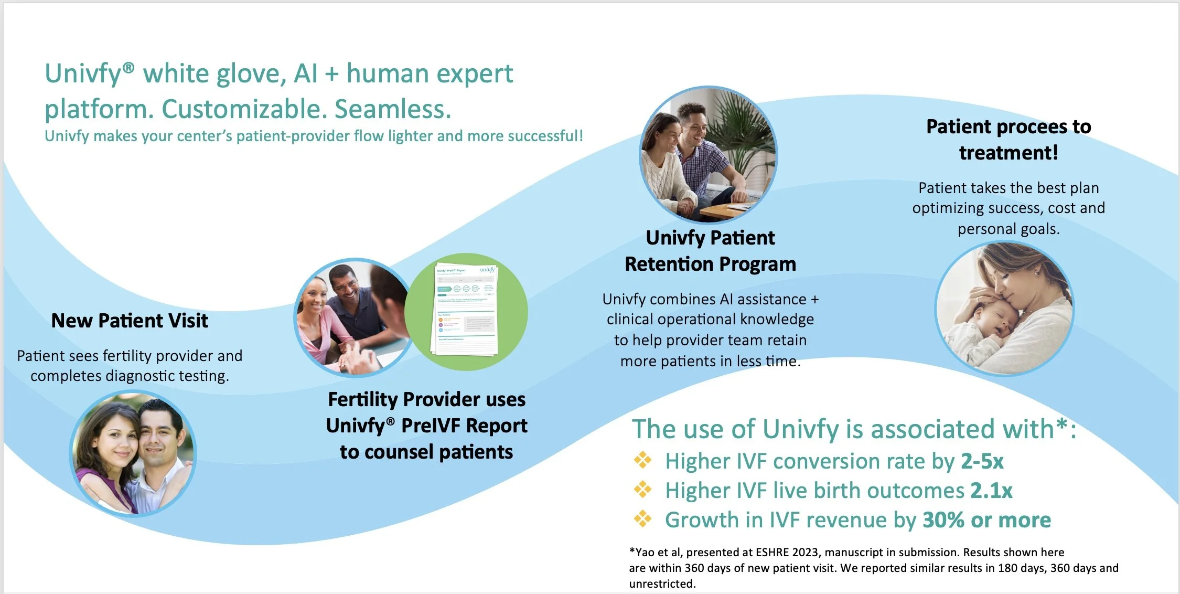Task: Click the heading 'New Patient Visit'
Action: (130, 321)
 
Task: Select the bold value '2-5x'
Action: (982, 461)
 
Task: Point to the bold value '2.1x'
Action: (991, 491)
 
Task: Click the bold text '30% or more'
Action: (986, 520)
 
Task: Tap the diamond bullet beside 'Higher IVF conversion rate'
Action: (642, 461)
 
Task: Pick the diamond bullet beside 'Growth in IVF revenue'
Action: (642, 519)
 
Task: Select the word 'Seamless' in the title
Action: (392, 109)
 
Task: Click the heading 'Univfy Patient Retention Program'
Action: (710, 251)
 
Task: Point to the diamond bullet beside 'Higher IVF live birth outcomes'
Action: (642, 490)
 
